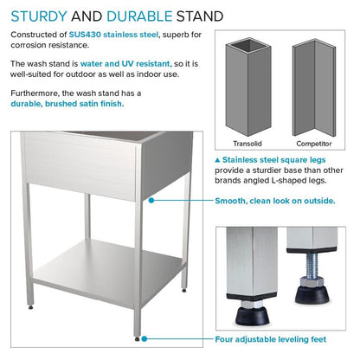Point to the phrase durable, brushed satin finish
tap(67, 103)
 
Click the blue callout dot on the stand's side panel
tap(151, 200)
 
